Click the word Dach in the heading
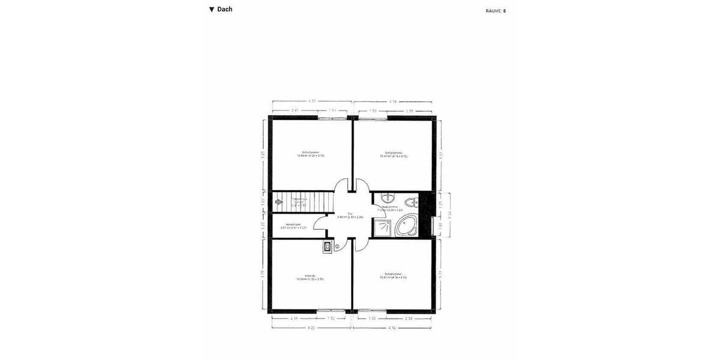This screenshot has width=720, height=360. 224,10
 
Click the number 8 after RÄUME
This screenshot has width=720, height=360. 505,11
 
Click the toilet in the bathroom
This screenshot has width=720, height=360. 412,202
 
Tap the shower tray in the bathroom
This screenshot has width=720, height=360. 381,227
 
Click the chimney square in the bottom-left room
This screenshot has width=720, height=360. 328,246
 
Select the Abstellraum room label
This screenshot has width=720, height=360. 293,226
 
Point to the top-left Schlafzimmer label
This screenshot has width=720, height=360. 310,153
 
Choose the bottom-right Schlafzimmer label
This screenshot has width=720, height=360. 393,275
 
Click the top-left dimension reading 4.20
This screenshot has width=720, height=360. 312,101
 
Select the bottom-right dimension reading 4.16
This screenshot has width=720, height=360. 392,328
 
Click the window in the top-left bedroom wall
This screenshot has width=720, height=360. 332,118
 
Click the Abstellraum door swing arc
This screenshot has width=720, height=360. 320,227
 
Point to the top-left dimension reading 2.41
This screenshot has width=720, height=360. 295,110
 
